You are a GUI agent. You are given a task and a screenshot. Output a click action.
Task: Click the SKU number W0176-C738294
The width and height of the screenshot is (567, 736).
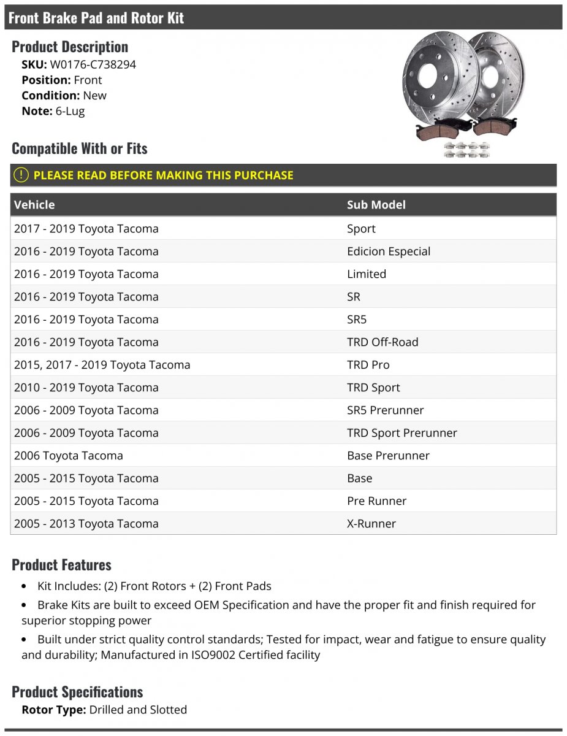(x=92, y=64)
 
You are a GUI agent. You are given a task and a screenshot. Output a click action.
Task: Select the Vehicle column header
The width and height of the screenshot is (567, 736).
(x=34, y=205)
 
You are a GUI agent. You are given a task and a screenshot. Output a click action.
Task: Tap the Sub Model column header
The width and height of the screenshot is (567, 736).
(x=376, y=205)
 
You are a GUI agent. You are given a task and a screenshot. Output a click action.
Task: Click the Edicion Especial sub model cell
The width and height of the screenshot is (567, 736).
(x=389, y=251)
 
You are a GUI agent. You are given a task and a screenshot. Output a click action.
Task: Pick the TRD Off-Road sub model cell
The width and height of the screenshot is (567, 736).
(x=382, y=342)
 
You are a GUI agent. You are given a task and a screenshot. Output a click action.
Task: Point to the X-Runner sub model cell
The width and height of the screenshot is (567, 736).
(x=371, y=524)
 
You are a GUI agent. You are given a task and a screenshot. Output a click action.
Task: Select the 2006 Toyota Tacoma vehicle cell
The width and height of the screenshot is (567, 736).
(x=69, y=456)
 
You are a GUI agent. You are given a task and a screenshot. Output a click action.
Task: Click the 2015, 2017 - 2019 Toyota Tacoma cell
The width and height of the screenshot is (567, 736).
(x=102, y=365)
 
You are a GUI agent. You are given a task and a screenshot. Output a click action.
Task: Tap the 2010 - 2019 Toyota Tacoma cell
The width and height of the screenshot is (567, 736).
(x=86, y=388)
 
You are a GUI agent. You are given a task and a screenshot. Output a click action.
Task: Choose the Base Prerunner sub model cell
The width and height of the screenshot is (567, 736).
(x=388, y=456)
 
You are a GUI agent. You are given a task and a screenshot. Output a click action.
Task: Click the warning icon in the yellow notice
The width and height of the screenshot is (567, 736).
(x=21, y=175)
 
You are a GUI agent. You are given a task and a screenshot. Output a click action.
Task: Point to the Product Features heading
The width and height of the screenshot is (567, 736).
(x=61, y=565)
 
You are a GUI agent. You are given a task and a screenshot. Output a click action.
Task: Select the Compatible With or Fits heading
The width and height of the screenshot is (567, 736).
(x=80, y=148)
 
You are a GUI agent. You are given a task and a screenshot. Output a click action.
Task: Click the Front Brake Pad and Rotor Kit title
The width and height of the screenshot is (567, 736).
(x=96, y=18)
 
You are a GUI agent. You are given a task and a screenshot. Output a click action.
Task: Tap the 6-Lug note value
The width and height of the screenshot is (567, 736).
(x=70, y=111)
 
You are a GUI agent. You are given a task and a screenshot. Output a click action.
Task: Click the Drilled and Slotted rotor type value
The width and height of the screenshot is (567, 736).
(x=138, y=710)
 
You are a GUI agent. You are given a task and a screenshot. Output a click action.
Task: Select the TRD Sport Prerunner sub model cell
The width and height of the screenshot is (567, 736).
(x=401, y=433)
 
